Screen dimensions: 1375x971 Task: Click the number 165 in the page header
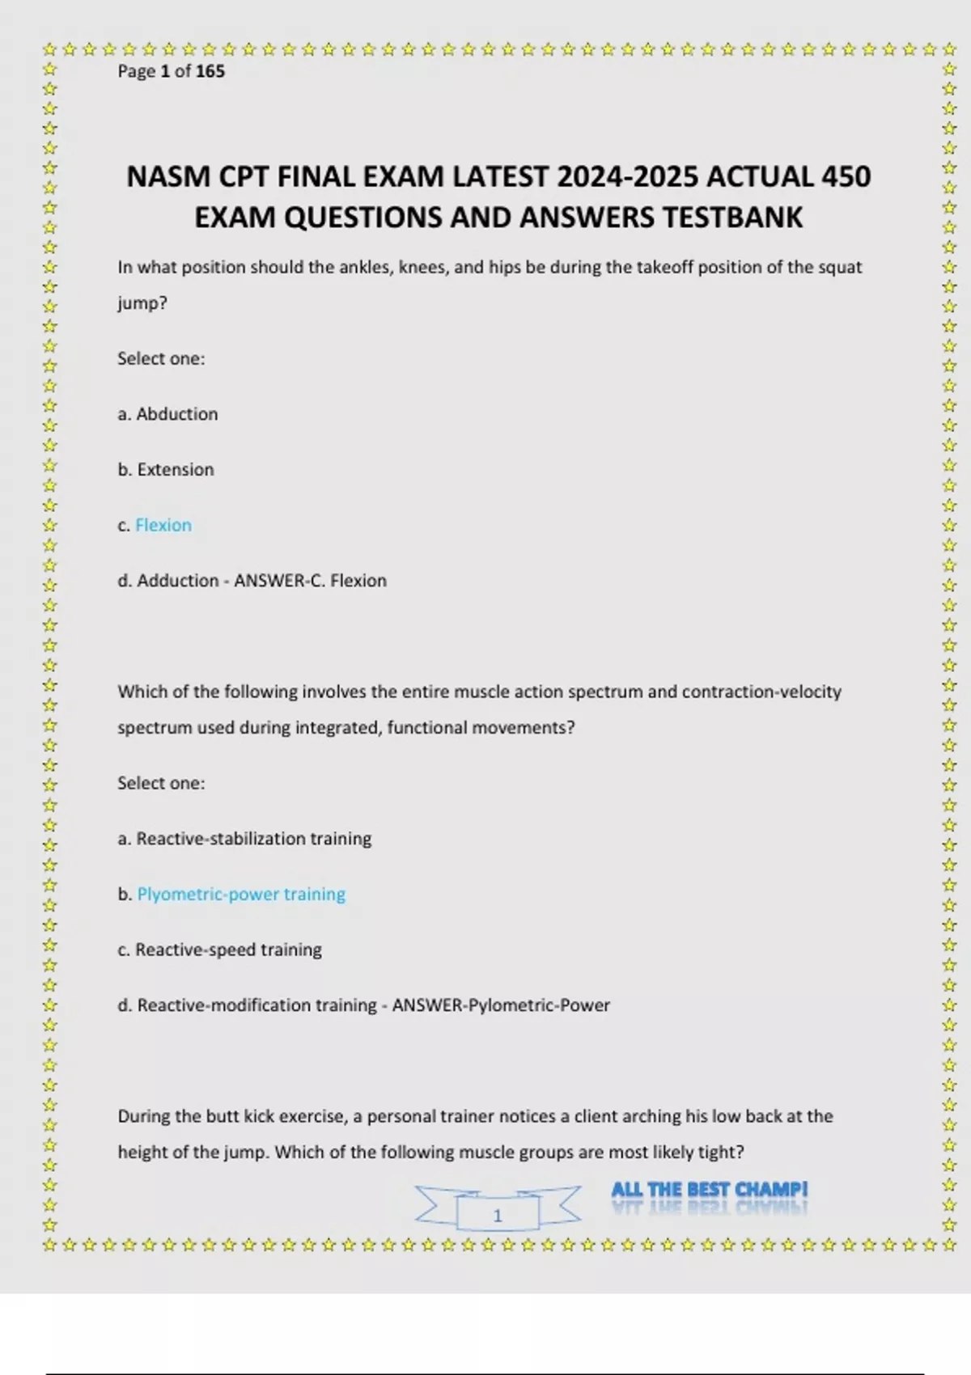coord(210,71)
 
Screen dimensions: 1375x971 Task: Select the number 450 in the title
coord(846,177)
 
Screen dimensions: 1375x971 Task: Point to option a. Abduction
coord(167,414)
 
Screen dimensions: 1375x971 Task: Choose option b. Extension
coord(166,470)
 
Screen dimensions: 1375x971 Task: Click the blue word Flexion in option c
coord(163,526)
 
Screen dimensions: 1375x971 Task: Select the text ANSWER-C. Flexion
coord(310,581)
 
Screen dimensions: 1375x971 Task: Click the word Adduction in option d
coord(178,581)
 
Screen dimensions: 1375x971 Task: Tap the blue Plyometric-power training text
coord(241,895)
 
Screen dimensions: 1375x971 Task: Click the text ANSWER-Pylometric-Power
coord(501,1005)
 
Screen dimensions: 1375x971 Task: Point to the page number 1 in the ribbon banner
coord(498,1215)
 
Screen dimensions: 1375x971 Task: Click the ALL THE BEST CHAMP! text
coord(709,1190)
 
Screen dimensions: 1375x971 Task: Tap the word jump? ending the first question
coord(142,303)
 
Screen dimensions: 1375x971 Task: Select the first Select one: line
coord(161,359)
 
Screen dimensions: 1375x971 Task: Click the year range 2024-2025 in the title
coord(628,177)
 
